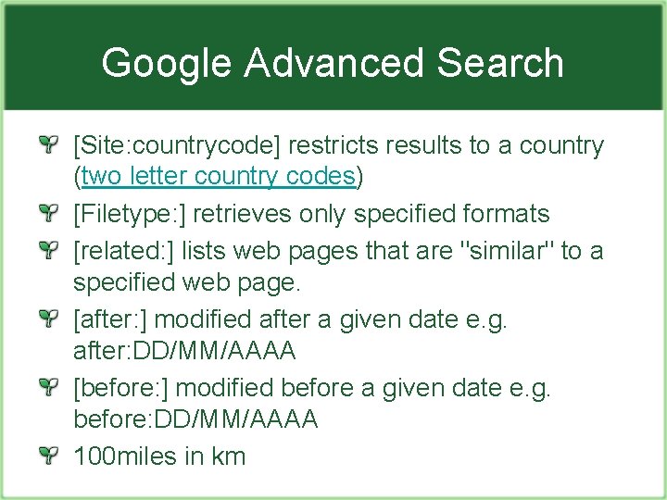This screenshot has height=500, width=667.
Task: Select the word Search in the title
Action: (500, 63)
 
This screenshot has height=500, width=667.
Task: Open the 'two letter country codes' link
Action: (218, 176)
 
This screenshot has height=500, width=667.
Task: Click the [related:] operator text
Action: (124, 250)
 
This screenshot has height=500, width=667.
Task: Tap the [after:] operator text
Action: (113, 319)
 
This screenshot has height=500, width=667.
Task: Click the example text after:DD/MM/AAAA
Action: (184, 351)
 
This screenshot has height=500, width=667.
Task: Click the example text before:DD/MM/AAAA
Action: (195, 419)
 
